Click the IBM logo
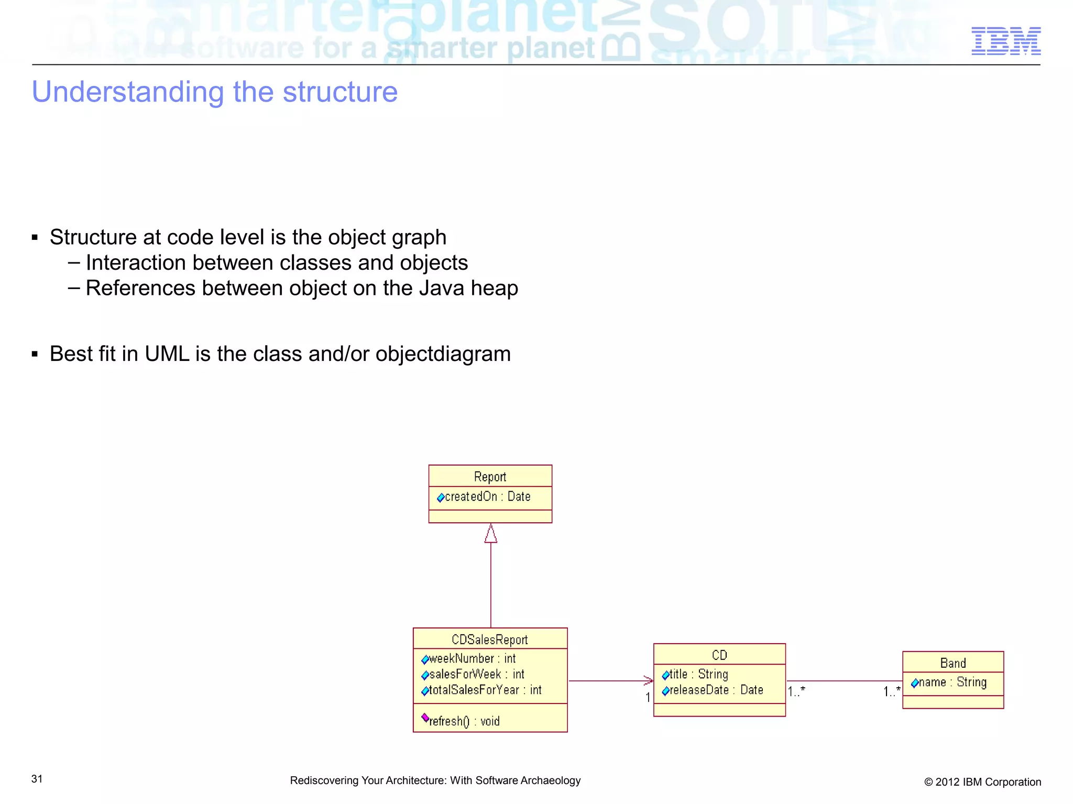pyautogui.click(x=1005, y=41)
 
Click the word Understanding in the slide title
pyautogui.click(x=128, y=92)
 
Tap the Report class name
pyautogui.click(x=490, y=477)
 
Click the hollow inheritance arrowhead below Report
pyautogui.click(x=491, y=534)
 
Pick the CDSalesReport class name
pyautogui.click(x=490, y=640)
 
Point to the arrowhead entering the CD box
pyautogui.click(x=649, y=681)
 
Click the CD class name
pyautogui.click(x=719, y=655)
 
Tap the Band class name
pyautogui.click(x=953, y=663)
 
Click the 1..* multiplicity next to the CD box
pyautogui.click(x=796, y=692)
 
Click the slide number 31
pyautogui.click(x=37, y=779)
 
